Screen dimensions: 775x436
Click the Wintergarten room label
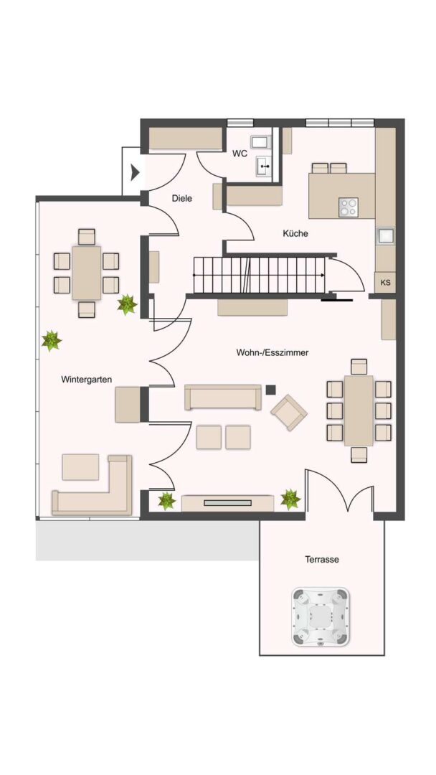86,380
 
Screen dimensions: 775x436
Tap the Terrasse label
321,559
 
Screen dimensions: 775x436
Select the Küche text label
295,233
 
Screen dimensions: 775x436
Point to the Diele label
182,199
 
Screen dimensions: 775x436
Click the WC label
239,154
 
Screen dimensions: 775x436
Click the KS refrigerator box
385,283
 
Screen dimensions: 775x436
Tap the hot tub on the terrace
321,616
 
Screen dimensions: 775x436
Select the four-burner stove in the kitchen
349,207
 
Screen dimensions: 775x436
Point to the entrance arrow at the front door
134,172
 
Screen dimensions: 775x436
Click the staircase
258,276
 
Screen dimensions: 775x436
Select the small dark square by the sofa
270,390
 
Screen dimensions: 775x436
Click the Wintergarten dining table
87,273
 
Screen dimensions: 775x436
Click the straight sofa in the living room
223,397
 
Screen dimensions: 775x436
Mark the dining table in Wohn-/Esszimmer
359,410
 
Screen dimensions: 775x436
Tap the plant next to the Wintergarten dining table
127,305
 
